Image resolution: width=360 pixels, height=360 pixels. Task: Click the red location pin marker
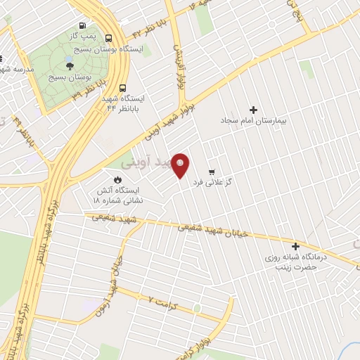tap(181, 166)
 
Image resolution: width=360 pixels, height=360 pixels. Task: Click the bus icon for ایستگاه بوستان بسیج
tap(109, 39)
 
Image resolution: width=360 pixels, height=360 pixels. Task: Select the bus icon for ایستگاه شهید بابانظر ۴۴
tap(123, 89)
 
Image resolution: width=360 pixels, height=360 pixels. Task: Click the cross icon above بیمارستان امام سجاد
tap(254, 109)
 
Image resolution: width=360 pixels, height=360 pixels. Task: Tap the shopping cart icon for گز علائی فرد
tap(211, 172)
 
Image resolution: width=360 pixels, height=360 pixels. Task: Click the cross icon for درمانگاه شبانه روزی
tap(295, 247)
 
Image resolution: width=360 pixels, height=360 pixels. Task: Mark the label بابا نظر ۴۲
tap(147, 32)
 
